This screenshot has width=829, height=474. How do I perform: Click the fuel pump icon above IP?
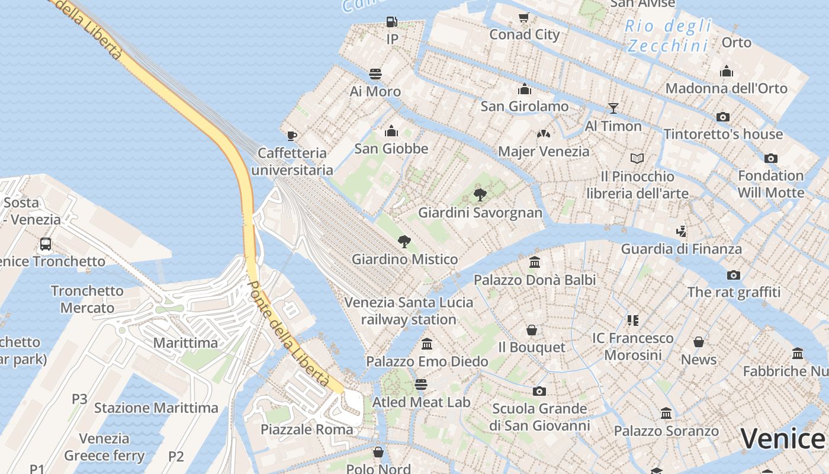(391, 22)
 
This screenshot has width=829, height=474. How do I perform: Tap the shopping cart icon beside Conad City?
(523, 17)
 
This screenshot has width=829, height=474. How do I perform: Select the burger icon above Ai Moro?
(375, 74)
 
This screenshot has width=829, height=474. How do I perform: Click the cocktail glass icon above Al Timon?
(613, 108)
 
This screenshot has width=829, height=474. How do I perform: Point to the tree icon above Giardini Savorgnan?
(480, 194)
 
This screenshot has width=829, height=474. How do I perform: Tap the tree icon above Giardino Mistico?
(404, 241)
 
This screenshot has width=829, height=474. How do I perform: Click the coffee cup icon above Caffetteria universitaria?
(292, 136)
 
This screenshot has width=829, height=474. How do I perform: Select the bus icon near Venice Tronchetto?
(46, 244)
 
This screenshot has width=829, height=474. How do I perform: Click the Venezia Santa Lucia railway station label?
(409, 311)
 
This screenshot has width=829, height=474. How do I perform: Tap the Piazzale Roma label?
(307, 430)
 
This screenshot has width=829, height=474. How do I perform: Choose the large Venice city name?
(782, 439)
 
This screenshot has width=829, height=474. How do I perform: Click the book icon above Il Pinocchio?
(637, 158)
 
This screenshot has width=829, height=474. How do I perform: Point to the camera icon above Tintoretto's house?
(723, 117)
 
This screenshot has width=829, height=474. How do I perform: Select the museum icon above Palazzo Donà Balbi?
(535, 262)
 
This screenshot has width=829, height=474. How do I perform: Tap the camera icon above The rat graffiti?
(734, 275)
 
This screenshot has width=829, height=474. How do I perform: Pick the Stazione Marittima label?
(156, 408)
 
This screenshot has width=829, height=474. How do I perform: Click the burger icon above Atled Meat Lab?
(421, 385)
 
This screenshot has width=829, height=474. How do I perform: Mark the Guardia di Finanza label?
(681, 249)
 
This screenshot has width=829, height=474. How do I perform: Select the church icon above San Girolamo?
(524, 89)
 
